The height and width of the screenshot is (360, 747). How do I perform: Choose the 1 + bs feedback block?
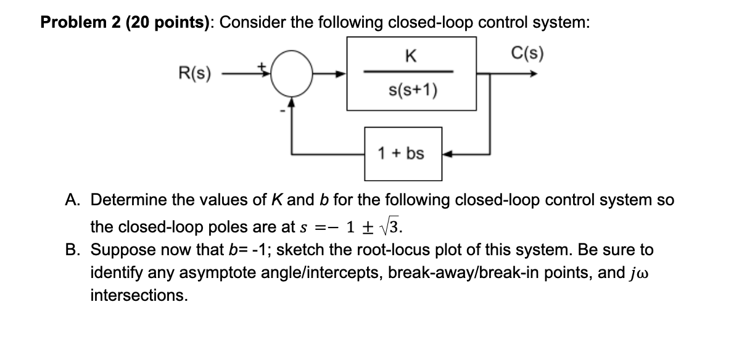402,153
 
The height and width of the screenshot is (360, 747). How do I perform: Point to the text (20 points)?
170,23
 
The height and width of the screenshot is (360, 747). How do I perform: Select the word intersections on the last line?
139,295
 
